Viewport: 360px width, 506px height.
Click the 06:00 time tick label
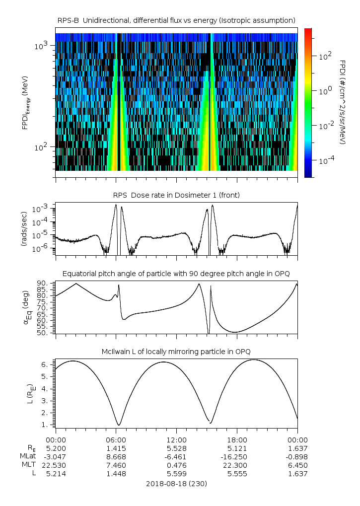tap(116, 439)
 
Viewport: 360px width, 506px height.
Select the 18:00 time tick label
tap(237, 439)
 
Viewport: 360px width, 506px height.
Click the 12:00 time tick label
tap(176, 439)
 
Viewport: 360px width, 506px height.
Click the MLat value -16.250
tap(237, 456)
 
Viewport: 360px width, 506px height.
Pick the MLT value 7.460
tap(116, 465)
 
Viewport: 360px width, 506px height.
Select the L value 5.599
tap(176, 474)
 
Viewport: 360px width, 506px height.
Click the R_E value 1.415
tap(116, 448)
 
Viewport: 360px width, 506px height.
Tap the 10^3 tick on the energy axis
tap(41, 46)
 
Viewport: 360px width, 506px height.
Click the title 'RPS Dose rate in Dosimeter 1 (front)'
tap(176, 195)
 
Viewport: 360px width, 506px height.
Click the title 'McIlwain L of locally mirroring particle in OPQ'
tap(176, 352)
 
